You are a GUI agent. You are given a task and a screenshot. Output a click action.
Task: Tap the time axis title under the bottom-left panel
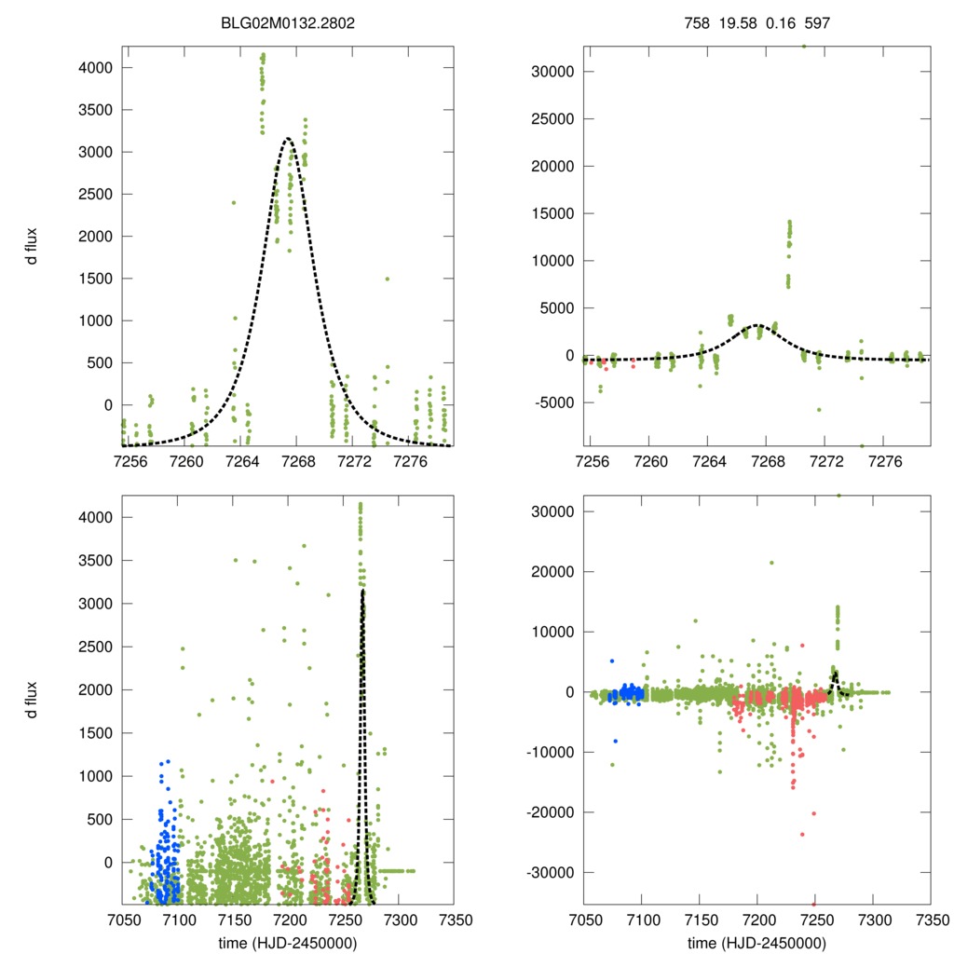pyautogui.click(x=288, y=942)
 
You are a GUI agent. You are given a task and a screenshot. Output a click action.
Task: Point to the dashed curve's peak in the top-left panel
pyautogui.click(x=287, y=139)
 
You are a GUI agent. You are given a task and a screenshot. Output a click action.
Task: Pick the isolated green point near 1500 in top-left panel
pyautogui.click(x=387, y=279)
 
